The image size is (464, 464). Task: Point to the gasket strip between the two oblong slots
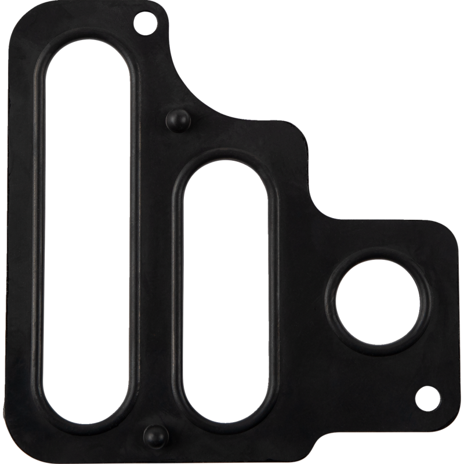pos(157,278)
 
